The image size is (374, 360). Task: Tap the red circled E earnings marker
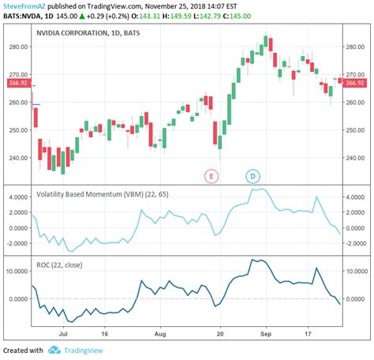click(211, 175)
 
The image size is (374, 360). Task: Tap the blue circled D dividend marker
click(253, 175)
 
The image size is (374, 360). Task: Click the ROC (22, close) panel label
click(60, 264)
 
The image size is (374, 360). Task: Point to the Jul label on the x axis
click(59, 335)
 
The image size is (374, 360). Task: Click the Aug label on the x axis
click(159, 335)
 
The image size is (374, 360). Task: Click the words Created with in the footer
click(22, 350)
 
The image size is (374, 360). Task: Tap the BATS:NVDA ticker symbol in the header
click(21, 16)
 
